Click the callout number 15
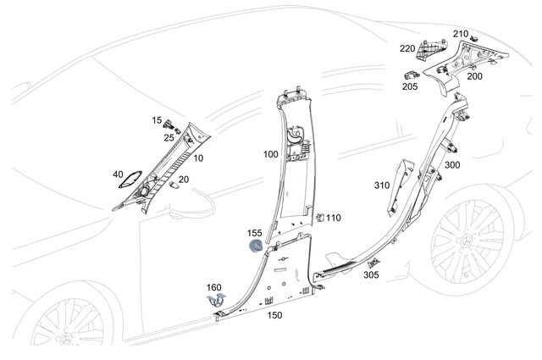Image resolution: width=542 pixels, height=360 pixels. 158,121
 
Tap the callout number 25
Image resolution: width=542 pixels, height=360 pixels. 169,137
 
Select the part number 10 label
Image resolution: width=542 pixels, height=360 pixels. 198,158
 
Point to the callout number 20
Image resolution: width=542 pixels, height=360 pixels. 184,180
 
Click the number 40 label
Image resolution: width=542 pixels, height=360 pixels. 119,175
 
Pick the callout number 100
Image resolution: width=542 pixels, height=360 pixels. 270,156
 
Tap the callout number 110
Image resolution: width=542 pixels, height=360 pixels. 334,218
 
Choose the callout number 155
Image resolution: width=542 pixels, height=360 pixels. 254,233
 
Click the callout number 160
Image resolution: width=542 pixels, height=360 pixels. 214,288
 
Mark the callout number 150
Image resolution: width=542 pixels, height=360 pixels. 274,316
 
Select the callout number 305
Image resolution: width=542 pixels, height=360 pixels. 371,275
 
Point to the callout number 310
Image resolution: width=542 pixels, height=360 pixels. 382,185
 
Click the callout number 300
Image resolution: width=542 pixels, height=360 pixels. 452,165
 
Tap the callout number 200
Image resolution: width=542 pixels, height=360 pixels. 474,77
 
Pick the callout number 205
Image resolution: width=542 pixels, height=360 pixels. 410,86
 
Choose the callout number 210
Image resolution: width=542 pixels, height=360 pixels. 460,34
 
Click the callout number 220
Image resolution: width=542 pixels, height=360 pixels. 407,49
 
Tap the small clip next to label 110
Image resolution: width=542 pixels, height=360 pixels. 319,218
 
